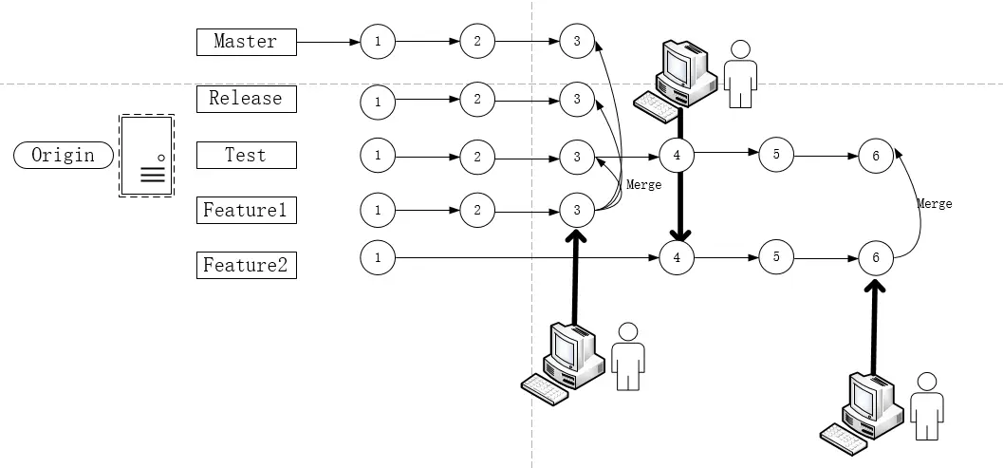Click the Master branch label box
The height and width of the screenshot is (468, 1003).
(246, 42)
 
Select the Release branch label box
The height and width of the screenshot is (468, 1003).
(246, 99)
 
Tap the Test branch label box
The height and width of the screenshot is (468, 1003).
(246, 155)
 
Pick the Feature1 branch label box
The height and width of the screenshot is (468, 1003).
(246, 210)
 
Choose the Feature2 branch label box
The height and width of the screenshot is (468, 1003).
(246, 265)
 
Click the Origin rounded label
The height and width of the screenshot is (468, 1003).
(64, 156)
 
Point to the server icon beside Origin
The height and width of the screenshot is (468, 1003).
(146, 157)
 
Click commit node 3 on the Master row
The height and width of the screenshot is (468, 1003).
(576, 41)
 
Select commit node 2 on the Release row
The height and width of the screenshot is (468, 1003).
(477, 99)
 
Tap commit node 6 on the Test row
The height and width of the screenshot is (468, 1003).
(876, 157)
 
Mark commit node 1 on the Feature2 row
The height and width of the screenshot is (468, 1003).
(378, 256)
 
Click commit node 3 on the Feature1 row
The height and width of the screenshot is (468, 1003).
(576, 210)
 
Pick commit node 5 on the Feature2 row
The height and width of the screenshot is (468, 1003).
(776, 256)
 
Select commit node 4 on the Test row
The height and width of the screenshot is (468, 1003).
(677, 155)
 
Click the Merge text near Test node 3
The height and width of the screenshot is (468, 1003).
(644, 185)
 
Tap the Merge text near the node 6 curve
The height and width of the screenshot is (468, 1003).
(934, 203)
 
